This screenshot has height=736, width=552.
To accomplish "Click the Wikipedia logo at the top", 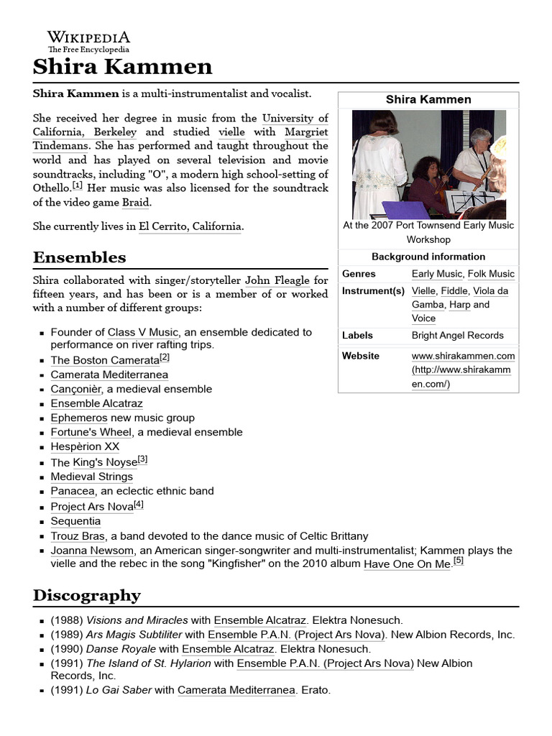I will tap(88, 42).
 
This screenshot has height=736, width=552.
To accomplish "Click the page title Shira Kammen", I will tap(122, 68).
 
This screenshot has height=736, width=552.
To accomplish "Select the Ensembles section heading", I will tap(79, 257).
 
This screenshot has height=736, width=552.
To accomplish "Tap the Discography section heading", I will tap(86, 595).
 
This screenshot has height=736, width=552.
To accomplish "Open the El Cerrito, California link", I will tap(190, 226).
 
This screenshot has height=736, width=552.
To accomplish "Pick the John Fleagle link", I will tap(278, 280).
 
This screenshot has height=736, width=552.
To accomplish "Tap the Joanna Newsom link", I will tap(92, 551).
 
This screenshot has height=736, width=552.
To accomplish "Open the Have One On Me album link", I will tap(407, 564).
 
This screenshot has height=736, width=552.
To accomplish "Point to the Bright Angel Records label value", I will tap(457, 335).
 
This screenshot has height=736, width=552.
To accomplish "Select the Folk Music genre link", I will tap(491, 274).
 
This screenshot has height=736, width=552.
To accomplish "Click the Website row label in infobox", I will tap(361, 356).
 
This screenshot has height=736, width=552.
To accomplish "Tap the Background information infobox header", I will tap(428, 257).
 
